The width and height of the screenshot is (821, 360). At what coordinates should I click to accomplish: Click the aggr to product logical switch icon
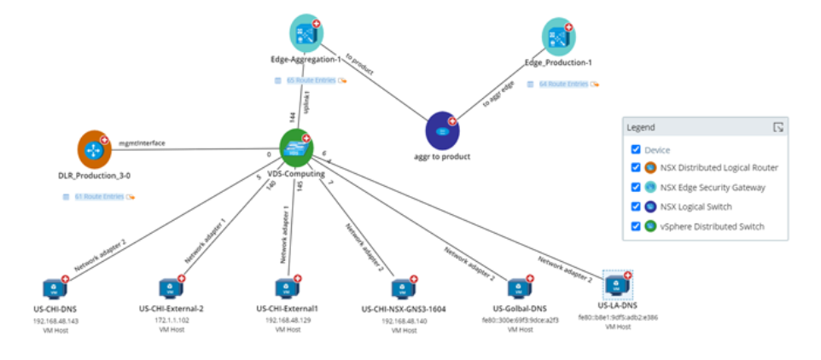[x=442, y=131]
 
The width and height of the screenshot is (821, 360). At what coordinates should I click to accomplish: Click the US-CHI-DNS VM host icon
[x=53, y=288]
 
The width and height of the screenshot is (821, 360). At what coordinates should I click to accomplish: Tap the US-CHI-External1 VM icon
[x=287, y=288]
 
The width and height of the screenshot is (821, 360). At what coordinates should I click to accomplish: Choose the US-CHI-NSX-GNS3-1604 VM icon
[x=403, y=288]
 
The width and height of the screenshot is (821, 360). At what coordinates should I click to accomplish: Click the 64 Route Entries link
[x=562, y=84]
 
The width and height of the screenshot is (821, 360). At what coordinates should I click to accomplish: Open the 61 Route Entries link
[x=95, y=197]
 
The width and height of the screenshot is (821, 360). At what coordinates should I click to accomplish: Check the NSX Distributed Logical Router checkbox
[x=635, y=167]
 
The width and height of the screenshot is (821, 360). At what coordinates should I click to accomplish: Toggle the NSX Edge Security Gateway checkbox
[x=635, y=187]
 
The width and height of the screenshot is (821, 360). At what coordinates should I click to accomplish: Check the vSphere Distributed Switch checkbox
[x=635, y=226]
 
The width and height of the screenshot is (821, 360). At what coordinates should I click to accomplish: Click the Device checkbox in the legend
[x=635, y=149]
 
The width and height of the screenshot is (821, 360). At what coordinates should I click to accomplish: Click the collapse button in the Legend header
[x=777, y=127]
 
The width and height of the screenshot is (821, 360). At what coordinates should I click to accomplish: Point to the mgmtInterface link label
[x=142, y=144]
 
